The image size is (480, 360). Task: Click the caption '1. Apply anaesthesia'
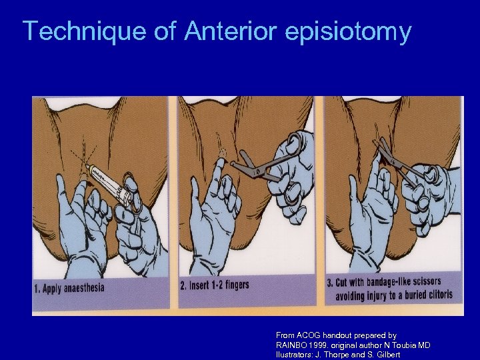point(69,289)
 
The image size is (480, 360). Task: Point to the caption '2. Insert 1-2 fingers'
point(215,285)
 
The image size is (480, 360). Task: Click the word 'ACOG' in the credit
point(310,335)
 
